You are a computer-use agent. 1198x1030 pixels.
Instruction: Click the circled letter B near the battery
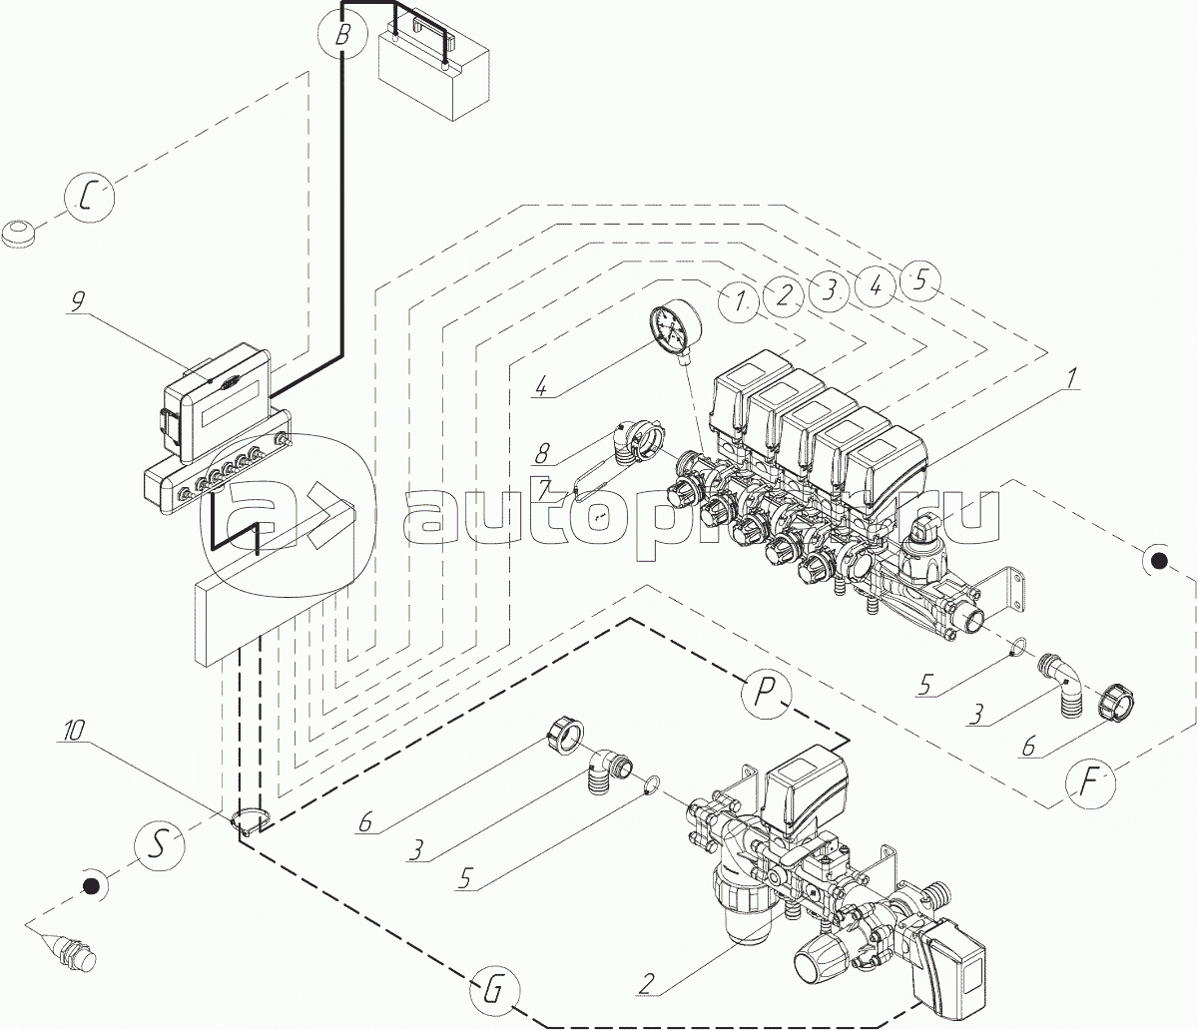[342, 36]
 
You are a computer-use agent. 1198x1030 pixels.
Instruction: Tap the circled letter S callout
[159, 845]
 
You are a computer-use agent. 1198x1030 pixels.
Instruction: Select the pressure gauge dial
[673, 330]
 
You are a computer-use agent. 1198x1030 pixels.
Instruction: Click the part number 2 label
[646, 984]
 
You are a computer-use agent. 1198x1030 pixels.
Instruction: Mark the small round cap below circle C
[22, 236]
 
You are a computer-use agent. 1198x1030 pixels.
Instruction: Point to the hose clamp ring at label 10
[252, 822]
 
